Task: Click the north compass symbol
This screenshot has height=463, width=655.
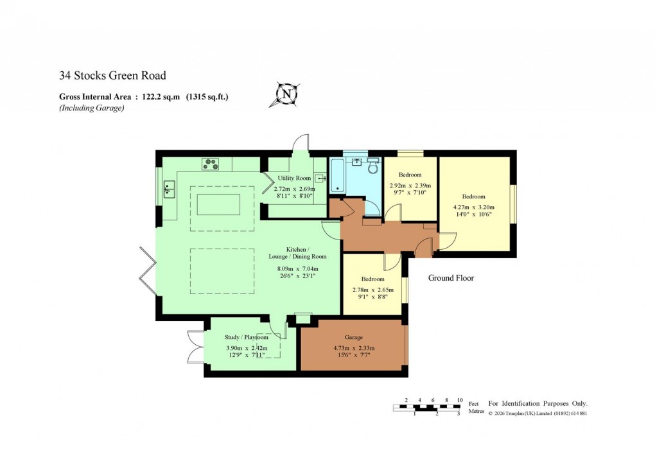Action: (287, 94)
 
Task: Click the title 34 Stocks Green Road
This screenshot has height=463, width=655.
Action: (112, 76)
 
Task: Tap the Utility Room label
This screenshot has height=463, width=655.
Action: (294, 178)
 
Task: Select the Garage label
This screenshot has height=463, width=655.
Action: (353, 337)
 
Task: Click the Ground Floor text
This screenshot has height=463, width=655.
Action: (451, 278)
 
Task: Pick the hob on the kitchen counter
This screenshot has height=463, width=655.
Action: (211, 164)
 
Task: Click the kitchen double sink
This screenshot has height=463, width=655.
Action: (170, 189)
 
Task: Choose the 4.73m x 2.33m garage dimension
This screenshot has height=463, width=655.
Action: (353, 348)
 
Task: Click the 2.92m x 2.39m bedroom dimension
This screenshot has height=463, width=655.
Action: (410, 185)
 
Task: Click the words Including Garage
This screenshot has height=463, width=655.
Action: (92, 108)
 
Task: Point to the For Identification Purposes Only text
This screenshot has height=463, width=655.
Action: (538, 403)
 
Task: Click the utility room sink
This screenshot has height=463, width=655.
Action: (320, 179)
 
